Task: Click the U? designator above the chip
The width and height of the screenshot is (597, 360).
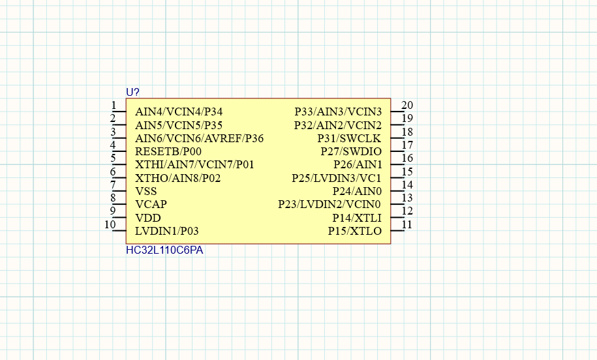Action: [x=132, y=92]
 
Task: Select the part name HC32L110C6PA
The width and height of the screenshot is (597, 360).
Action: [x=164, y=250]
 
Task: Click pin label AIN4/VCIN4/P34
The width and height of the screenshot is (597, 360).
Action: [x=179, y=112]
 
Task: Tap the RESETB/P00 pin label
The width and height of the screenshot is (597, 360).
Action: [x=168, y=151]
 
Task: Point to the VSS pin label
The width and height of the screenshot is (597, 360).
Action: [x=145, y=191]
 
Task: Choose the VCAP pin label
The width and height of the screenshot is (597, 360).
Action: [x=151, y=204]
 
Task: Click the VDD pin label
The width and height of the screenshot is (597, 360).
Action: [x=147, y=218]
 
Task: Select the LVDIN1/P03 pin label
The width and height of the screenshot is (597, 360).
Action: [x=167, y=231]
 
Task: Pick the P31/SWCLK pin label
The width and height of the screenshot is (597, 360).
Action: [x=349, y=138]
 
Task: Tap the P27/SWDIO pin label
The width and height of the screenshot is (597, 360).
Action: [x=351, y=151]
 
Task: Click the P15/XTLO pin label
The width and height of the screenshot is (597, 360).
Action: [x=355, y=231]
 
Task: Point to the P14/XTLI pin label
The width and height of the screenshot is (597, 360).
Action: [x=357, y=218]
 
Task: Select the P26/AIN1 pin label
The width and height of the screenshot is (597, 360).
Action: [x=358, y=165]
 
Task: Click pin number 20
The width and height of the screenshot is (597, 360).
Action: [x=407, y=105]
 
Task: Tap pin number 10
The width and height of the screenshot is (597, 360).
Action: [x=110, y=224]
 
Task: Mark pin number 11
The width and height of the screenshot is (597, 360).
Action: [x=407, y=224]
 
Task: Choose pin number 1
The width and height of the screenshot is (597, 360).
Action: [x=114, y=105]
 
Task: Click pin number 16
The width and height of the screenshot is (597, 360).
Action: [x=407, y=158]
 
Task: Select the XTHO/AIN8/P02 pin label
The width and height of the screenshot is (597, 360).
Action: [x=178, y=178]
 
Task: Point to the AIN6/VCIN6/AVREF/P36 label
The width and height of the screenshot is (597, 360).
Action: [x=199, y=138]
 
